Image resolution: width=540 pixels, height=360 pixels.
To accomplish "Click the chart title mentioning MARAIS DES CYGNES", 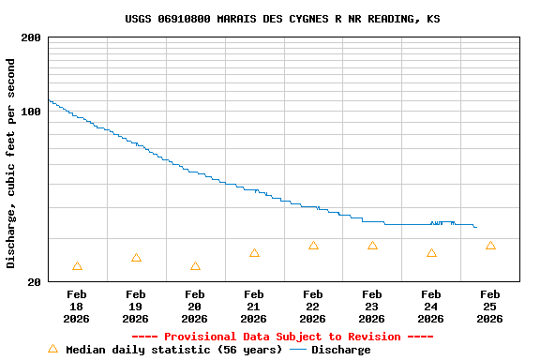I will (x=282, y=19).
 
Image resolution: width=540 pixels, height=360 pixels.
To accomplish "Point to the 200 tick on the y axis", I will (x=31, y=37).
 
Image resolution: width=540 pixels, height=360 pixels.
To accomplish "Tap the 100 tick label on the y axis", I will (x=31, y=112).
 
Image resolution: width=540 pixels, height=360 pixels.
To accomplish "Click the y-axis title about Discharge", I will (x=11, y=163).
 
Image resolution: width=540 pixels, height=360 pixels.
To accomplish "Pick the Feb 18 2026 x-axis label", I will (x=77, y=306).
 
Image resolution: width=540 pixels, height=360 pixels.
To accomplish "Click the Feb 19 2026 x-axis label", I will (x=136, y=306).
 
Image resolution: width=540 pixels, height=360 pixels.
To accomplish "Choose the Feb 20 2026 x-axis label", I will (x=195, y=306).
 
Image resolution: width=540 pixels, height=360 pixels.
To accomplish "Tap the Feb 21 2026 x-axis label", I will (x=254, y=306).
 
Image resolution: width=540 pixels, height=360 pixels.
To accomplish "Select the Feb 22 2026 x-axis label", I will (x=313, y=306).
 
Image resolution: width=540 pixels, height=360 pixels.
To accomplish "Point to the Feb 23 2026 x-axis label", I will (x=372, y=306).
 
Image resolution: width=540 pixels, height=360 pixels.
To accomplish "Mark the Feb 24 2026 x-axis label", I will (x=431, y=306).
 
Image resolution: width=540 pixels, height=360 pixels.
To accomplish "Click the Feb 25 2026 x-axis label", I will (x=490, y=306).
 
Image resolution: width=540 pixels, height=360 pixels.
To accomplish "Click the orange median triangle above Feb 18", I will (x=77, y=266).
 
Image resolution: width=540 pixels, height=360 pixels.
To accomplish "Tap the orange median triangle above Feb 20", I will (x=195, y=266).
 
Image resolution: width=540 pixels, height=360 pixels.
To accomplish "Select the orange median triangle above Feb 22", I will (x=313, y=246).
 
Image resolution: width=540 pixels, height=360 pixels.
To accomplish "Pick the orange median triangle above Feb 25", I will (x=490, y=246).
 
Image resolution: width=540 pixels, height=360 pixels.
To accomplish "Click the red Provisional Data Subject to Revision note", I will (x=282, y=337).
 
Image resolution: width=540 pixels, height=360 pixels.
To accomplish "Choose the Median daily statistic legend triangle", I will (x=52, y=349).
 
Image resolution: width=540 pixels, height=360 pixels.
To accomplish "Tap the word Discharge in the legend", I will (x=341, y=350).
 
